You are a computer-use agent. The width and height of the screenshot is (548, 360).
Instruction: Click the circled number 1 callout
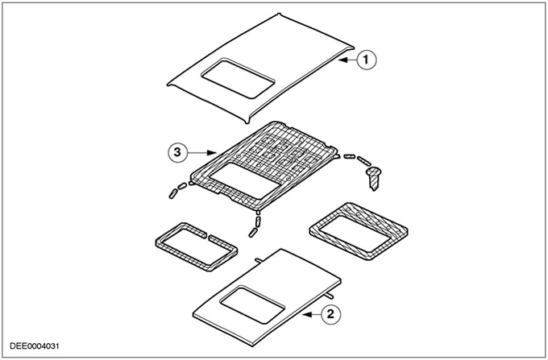[366, 60]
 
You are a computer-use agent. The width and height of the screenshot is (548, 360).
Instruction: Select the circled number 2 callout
[330, 314]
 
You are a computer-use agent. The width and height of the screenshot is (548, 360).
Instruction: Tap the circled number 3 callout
[178, 152]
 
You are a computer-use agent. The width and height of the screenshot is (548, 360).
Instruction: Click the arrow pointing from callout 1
[347, 60]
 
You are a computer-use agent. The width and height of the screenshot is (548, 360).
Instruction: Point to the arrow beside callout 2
[312, 315]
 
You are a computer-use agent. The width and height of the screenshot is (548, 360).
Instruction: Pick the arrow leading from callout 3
[201, 152]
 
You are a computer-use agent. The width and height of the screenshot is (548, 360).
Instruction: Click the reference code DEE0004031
[34, 346]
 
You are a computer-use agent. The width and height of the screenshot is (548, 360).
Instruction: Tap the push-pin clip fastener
[374, 178]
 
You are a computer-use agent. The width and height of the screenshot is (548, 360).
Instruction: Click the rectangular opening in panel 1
[238, 78]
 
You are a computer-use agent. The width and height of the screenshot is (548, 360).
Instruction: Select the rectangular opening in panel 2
[252, 304]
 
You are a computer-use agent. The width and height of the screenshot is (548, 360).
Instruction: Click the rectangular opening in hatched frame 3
[245, 180]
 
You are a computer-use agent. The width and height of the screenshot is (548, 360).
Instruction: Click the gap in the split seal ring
[208, 237]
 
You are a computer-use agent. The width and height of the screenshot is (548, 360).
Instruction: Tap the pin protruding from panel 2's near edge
[329, 296]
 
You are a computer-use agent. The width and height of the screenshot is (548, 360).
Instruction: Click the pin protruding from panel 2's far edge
[259, 260]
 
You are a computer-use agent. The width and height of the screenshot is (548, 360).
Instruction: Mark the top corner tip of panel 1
[279, 14]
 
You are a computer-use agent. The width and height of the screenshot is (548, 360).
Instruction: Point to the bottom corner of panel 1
[247, 122]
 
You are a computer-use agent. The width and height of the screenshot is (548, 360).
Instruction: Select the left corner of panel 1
[168, 84]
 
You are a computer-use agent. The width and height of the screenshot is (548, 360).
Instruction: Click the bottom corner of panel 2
[253, 346]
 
